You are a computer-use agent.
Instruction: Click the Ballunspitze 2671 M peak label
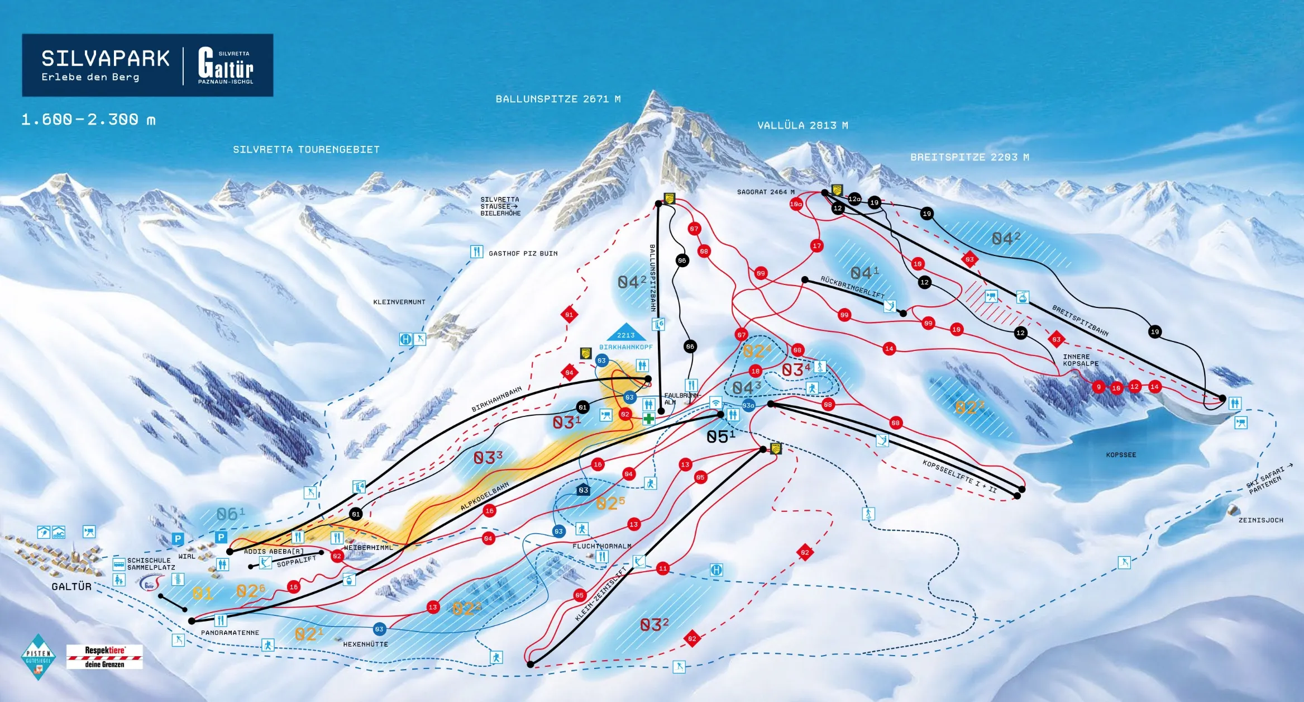click(557, 99)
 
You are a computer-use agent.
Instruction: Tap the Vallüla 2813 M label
click(802, 125)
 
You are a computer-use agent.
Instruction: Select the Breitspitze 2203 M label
click(969, 157)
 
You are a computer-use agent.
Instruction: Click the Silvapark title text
click(105, 59)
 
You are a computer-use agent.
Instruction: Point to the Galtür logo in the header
click(226, 66)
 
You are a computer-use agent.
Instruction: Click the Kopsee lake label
click(1120, 454)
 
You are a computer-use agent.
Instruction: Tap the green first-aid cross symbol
click(648, 419)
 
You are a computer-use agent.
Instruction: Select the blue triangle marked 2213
click(625, 333)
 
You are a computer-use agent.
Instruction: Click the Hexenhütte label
click(365, 644)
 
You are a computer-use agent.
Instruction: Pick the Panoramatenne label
click(230, 632)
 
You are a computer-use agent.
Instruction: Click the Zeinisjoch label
click(1260, 520)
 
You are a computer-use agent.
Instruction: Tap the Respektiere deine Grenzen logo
click(104, 657)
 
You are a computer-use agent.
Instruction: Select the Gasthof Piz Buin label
click(523, 253)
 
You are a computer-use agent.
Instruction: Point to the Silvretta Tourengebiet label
click(306, 149)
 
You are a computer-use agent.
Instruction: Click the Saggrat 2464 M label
click(765, 192)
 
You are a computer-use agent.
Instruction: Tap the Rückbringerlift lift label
click(852, 287)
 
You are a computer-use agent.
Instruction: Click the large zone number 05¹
click(720, 437)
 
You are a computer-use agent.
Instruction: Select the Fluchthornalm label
click(601, 546)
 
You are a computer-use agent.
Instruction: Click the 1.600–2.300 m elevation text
click(88, 120)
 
